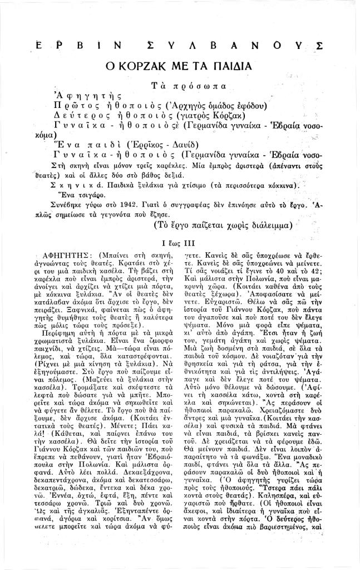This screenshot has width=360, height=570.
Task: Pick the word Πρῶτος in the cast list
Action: tap(76, 106)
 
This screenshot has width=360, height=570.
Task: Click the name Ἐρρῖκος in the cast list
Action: tap(150, 144)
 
